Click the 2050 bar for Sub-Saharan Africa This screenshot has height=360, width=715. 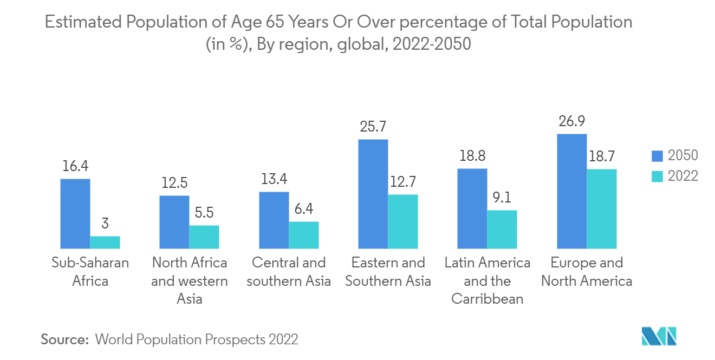click(x=75, y=213)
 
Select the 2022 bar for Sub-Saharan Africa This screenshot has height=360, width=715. click(x=105, y=242)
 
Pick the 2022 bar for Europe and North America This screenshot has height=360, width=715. click(x=602, y=208)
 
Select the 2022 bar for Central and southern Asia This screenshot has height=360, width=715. click(x=304, y=234)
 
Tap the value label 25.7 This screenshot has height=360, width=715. click(x=373, y=127)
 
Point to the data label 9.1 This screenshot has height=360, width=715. click(x=502, y=198)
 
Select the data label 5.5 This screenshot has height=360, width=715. click(x=204, y=213)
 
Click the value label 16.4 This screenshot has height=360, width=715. click(x=75, y=166)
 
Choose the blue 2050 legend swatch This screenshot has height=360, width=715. click(x=657, y=156)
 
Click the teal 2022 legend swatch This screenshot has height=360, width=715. click(x=657, y=175)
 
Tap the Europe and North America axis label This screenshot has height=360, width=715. click(x=587, y=272)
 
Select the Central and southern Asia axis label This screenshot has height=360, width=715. click(x=289, y=272)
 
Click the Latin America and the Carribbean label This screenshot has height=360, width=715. click(x=487, y=280)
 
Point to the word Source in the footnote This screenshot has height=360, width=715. click(x=64, y=339)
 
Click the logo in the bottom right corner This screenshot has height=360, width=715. click(x=659, y=337)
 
